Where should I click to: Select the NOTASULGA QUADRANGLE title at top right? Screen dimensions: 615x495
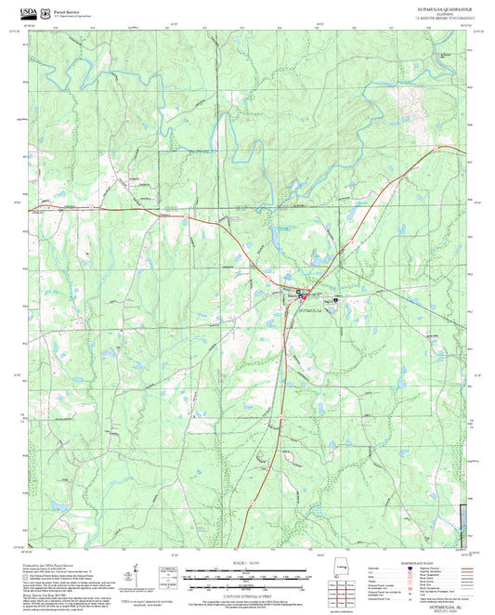click(438, 8)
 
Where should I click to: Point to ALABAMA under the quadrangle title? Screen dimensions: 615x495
click(438, 13)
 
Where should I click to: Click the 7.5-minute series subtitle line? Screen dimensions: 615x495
click(438, 18)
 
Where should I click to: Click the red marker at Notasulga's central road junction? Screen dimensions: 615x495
click(300, 298)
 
